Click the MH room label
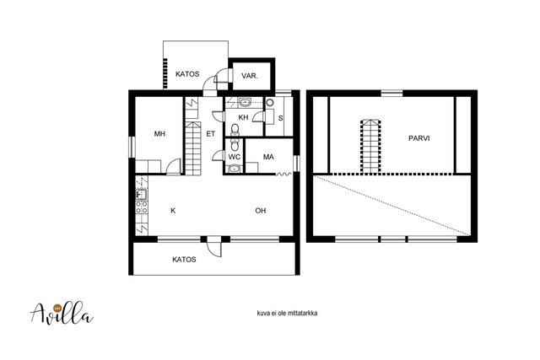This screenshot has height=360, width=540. click(x=159, y=133)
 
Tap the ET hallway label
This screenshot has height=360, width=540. click(x=210, y=133)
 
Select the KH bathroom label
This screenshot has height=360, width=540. click(x=243, y=117)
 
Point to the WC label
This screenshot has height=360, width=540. click(x=235, y=157)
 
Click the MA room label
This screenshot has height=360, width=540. click(x=268, y=157)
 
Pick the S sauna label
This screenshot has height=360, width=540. click(x=281, y=118)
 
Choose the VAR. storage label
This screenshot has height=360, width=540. click(x=250, y=76)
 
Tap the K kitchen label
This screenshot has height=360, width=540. click(x=173, y=211)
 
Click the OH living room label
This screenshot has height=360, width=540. click(x=261, y=211)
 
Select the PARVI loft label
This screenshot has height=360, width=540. click(x=419, y=138)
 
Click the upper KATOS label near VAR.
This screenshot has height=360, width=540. click(x=187, y=74)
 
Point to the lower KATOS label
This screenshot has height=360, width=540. click(x=184, y=260)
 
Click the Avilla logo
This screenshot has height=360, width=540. click(x=62, y=313)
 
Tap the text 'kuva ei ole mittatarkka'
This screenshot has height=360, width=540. click(x=287, y=313)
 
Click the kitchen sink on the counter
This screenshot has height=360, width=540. click(x=142, y=195)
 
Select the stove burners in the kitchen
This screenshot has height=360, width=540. click(x=142, y=207)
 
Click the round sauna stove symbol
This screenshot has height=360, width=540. click(x=270, y=103)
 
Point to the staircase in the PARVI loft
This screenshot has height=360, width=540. click(x=370, y=146)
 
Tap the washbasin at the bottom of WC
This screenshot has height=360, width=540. click(x=235, y=169)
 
